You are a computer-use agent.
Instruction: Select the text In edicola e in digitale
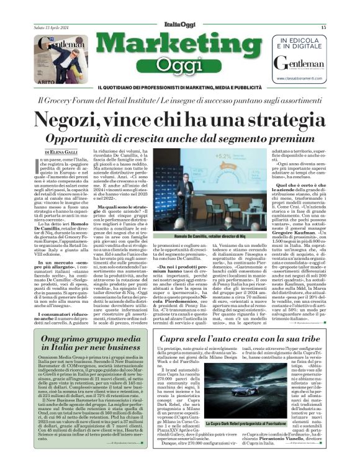[307, 43]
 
